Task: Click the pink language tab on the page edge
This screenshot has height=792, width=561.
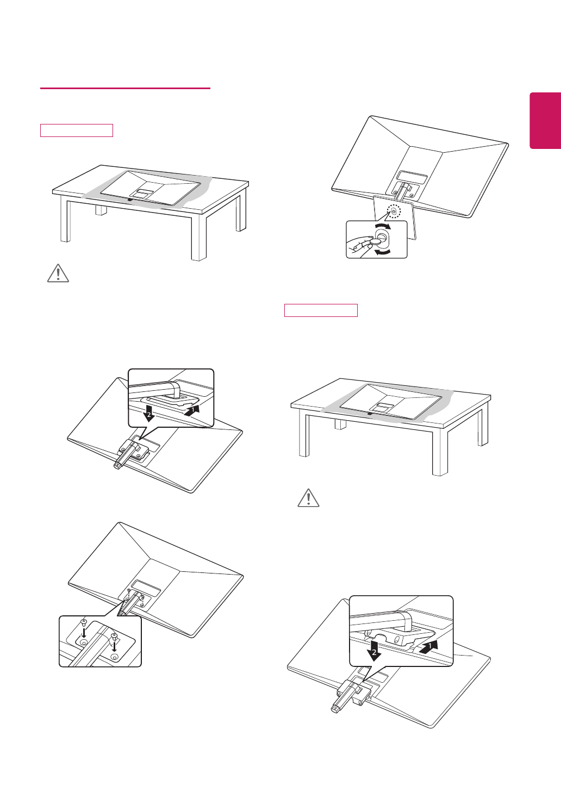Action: pyautogui.click(x=545, y=120)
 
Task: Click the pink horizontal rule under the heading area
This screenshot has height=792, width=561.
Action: pyautogui.click(x=125, y=88)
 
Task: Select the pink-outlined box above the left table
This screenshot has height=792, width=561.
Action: pyautogui.click(x=76, y=130)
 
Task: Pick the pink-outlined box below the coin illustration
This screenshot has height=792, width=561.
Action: pyautogui.click(x=321, y=310)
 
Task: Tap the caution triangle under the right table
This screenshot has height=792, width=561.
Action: pyautogui.click(x=309, y=498)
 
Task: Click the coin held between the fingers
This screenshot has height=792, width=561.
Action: pyautogui.click(x=373, y=239)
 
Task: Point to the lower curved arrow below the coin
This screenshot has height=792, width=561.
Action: pyautogui.click(x=383, y=252)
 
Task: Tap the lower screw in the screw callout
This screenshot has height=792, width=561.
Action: pyautogui.click(x=114, y=637)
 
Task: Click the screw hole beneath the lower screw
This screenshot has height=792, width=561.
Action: pyautogui.click(x=114, y=657)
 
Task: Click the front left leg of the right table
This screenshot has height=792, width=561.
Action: pyautogui.click(x=304, y=435)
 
